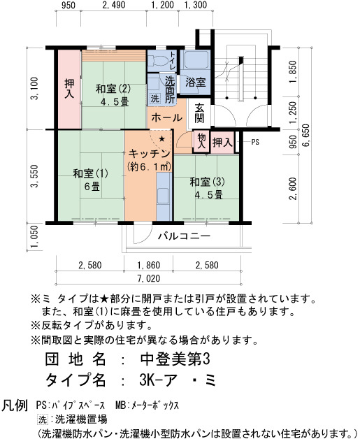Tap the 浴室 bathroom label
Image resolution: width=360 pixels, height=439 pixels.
[196, 82]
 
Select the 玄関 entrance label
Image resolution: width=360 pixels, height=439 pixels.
[199, 113]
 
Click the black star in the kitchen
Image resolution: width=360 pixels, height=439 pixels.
[161, 139]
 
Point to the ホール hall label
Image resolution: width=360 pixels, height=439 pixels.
[167, 117]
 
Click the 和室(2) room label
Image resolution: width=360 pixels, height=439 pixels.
[113, 89]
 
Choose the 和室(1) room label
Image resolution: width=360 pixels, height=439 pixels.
[90, 173]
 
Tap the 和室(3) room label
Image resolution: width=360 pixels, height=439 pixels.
[207, 182]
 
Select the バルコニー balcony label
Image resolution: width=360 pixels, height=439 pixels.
[184, 236]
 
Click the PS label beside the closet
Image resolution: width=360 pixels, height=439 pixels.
[255, 142]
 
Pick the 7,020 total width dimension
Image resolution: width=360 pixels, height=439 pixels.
[149, 278]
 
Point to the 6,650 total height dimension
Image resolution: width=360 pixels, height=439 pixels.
[306, 135]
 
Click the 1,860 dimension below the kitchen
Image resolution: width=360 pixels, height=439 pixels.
[149, 265]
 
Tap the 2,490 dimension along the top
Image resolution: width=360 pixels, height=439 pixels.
[114, 5]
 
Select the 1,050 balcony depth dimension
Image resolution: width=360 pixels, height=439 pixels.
[34, 237]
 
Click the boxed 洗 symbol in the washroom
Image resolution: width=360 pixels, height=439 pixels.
[154, 98]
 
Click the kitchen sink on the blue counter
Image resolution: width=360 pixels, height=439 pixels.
[163, 196]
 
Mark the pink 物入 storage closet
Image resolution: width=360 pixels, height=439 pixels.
[201, 142]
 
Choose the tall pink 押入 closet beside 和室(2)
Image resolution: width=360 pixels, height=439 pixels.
[69, 89]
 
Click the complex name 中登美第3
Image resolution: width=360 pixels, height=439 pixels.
[175, 359]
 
